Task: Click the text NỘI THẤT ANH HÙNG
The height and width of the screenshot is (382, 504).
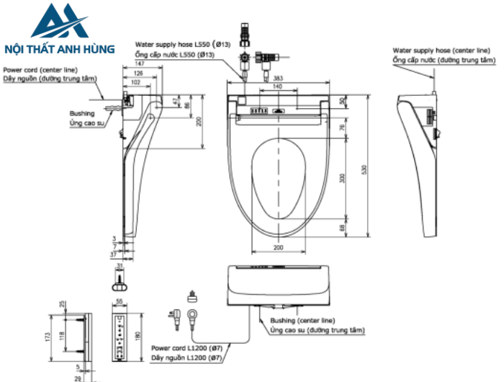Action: (x=59, y=49)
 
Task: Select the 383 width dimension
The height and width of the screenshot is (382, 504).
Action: (x=278, y=77)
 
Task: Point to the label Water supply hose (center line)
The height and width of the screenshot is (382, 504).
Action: (x=442, y=51)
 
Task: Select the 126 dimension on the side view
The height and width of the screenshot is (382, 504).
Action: (x=138, y=74)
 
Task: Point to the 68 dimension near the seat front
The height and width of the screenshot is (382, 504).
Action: (x=343, y=228)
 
